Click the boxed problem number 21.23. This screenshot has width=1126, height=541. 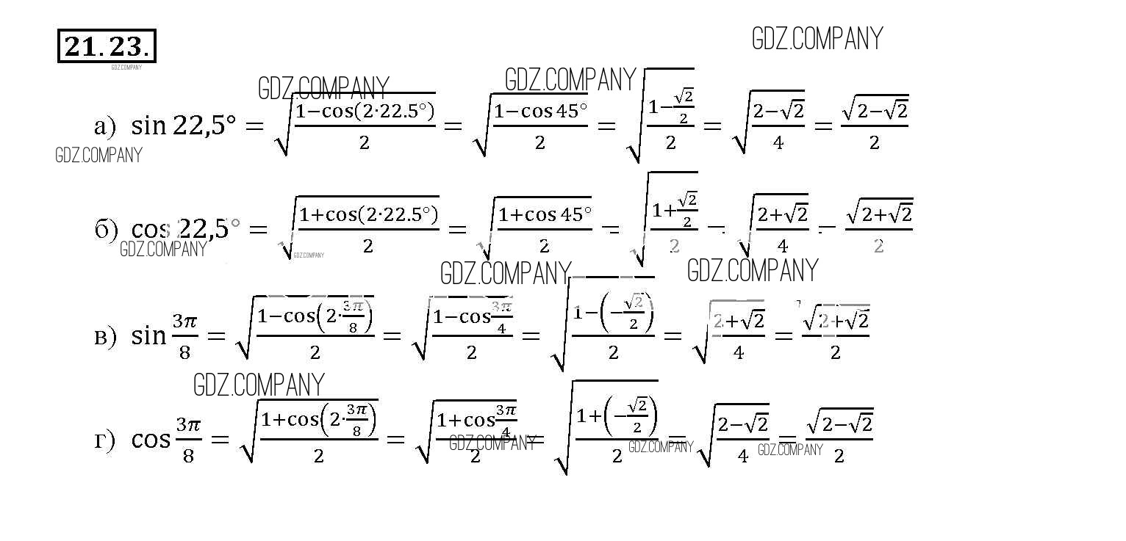pyautogui.click(x=107, y=46)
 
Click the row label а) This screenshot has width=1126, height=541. pyautogui.click(x=104, y=127)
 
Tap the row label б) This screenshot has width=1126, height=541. pyautogui.click(x=106, y=230)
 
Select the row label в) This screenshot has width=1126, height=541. pyautogui.click(x=105, y=337)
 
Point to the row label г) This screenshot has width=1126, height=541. pyautogui.click(x=105, y=440)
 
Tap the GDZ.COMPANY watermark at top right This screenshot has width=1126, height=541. pyautogui.click(x=817, y=39)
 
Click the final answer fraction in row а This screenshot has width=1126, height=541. pyautogui.click(x=874, y=125)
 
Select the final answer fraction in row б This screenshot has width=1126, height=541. pyautogui.click(x=878, y=228)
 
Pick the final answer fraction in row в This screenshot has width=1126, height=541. pyautogui.click(x=835, y=335)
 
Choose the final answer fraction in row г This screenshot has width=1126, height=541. pyautogui.click(x=839, y=438)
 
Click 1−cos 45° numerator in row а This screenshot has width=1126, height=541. pyautogui.click(x=540, y=112)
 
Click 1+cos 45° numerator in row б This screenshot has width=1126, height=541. pyautogui.click(x=545, y=215)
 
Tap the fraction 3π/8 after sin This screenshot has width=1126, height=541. pyautogui.click(x=185, y=337)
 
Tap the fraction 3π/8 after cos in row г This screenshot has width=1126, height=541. pyautogui.click(x=188, y=440)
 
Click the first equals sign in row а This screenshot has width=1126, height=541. pyautogui.click(x=254, y=126)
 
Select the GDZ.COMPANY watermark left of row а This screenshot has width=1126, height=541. pyautogui.click(x=98, y=156)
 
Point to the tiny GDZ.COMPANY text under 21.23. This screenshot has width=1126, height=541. pyautogui.click(x=126, y=68)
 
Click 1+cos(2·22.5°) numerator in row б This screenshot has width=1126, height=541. pyautogui.click(x=368, y=215)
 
